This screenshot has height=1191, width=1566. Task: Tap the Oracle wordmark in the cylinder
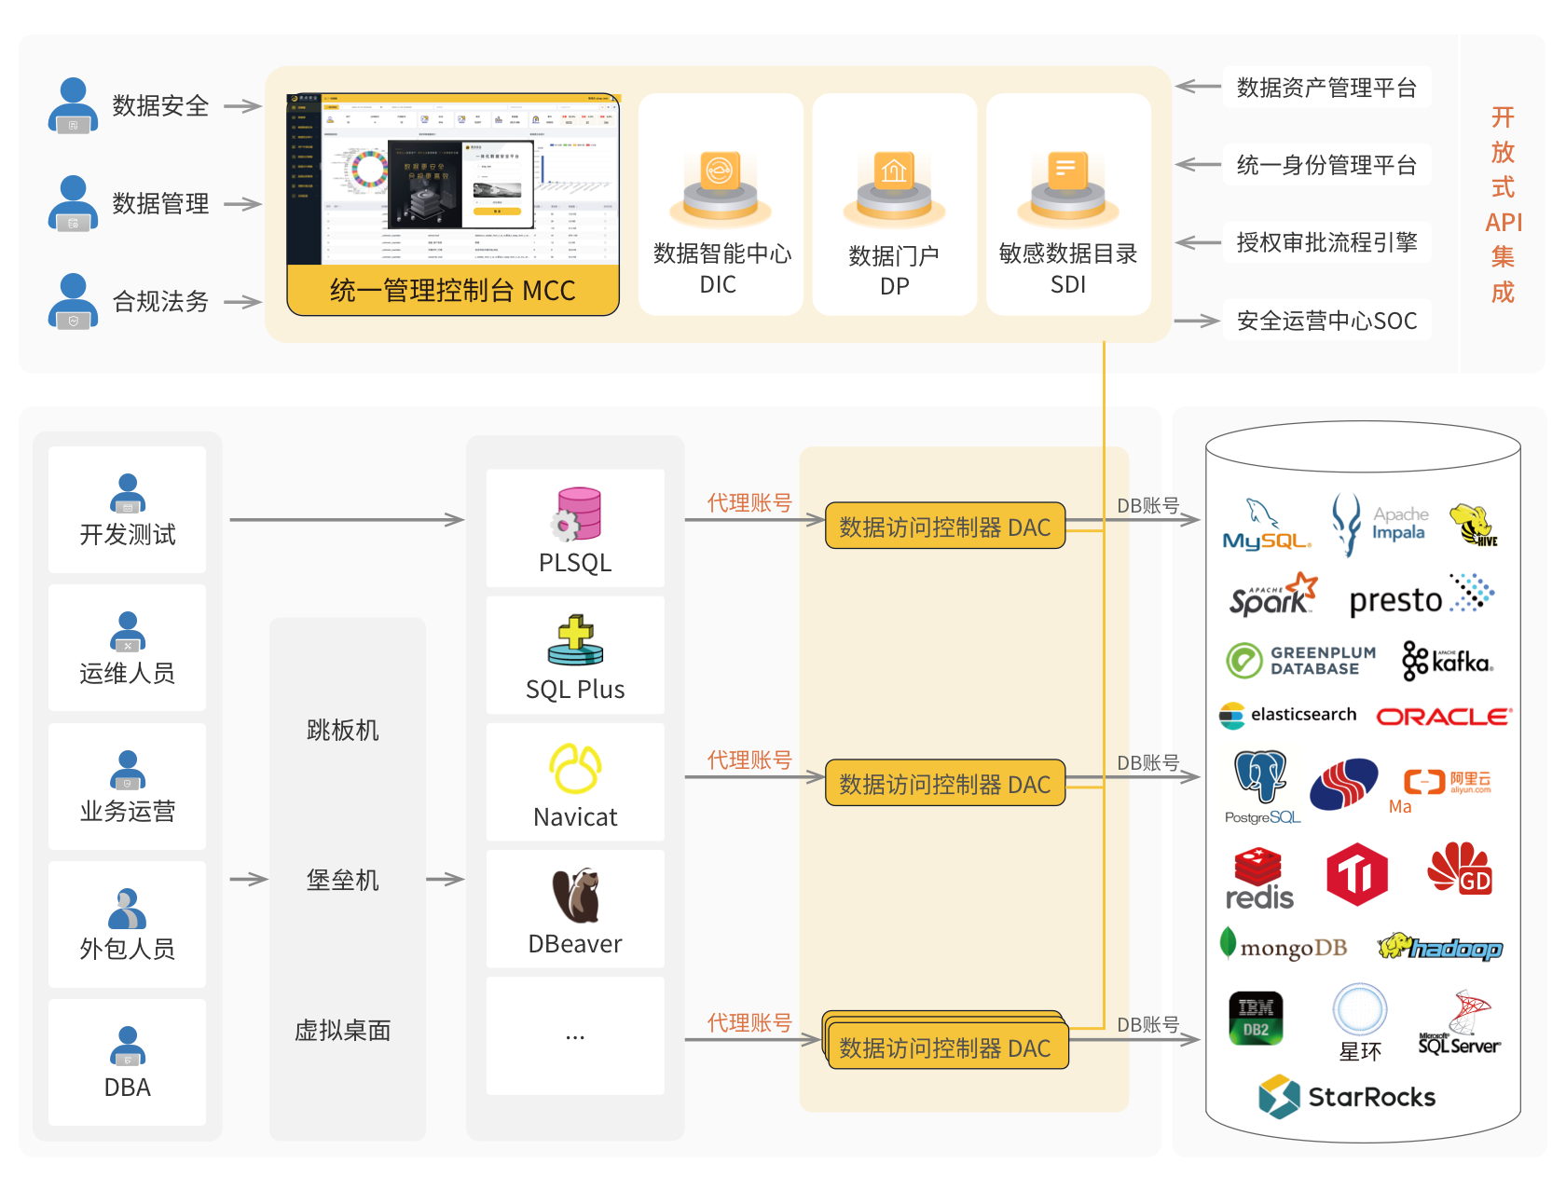pos(1443,717)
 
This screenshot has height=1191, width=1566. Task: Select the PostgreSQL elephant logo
pos(1260,778)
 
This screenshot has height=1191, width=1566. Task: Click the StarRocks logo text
pos(1370,1097)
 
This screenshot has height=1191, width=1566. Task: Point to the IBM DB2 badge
pos(1256,1019)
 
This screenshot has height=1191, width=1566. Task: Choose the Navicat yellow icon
pos(575,769)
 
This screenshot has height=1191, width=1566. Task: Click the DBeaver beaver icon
pos(575,896)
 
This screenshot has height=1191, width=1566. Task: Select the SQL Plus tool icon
pos(575,640)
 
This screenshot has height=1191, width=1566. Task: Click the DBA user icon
pos(128,1047)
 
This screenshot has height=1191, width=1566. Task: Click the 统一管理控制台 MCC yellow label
pos(453,291)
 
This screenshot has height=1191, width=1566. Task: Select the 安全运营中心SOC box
pos(1326,321)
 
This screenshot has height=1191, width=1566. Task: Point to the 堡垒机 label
pos(343,880)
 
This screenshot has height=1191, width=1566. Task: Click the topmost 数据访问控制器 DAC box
pos(944,527)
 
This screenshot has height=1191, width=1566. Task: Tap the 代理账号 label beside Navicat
pos(749,760)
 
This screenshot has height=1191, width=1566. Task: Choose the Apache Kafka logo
pos(1448,661)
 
